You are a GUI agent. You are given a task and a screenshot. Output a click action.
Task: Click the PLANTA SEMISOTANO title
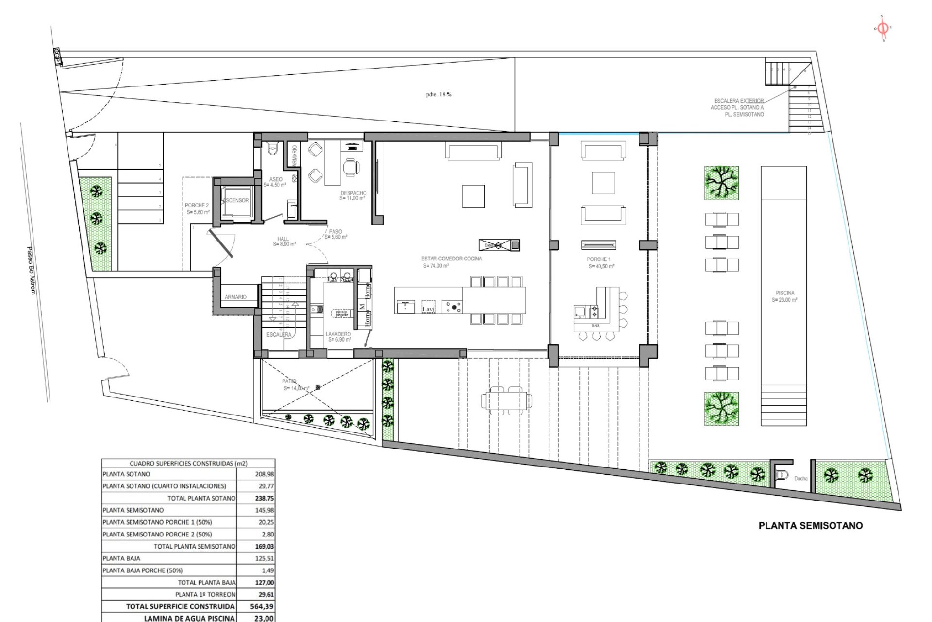[x=811, y=525]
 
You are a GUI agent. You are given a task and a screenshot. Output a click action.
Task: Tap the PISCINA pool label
[x=785, y=293]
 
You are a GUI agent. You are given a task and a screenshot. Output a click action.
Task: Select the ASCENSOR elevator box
[x=236, y=200]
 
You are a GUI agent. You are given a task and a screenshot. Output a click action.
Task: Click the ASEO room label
[x=276, y=180]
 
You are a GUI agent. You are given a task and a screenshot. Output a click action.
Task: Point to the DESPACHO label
[x=353, y=193]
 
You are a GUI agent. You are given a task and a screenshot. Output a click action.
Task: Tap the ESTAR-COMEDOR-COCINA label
[x=452, y=259]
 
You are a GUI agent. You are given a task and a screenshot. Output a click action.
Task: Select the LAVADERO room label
[x=338, y=335]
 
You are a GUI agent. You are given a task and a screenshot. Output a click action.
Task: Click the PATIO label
[x=289, y=382]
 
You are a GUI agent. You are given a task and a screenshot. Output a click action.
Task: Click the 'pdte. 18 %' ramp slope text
[x=439, y=94]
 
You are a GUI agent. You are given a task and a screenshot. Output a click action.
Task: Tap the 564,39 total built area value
[x=265, y=606]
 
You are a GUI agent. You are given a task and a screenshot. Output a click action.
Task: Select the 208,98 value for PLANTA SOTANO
[x=265, y=474]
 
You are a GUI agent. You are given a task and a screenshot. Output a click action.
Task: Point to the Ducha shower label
[x=800, y=479]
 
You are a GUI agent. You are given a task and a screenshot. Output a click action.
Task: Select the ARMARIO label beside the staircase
[x=235, y=297]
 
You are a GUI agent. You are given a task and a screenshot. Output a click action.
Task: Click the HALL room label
[x=283, y=239]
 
